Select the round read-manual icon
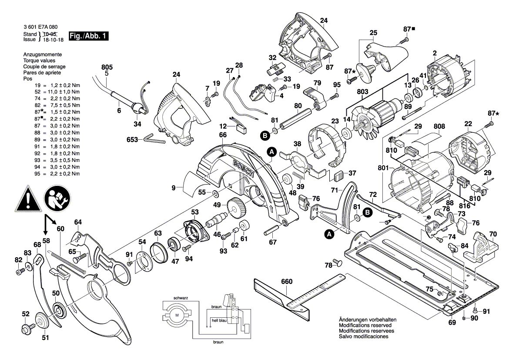56,199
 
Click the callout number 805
107,67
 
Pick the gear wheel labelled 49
235,209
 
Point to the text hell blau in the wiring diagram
219,320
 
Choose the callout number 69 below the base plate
452,322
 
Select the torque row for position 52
52,92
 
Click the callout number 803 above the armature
362,91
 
